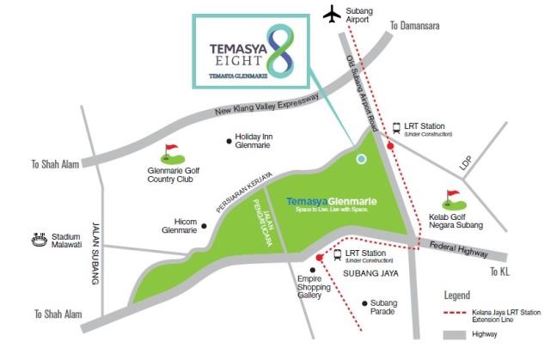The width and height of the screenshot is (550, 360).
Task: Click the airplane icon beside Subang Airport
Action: (x=331, y=14)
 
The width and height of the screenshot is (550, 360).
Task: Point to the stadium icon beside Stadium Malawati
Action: (x=38, y=240)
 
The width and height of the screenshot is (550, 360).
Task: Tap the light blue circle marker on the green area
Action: (x=361, y=158)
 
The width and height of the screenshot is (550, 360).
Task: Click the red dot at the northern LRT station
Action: (x=391, y=147)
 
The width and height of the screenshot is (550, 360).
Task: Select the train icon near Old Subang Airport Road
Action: (x=396, y=128)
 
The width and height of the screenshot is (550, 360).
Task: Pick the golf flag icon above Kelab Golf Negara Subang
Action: (x=450, y=199)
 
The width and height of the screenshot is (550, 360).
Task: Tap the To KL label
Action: (x=501, y=271)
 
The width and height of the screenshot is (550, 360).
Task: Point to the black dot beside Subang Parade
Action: (x=365, y=302)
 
